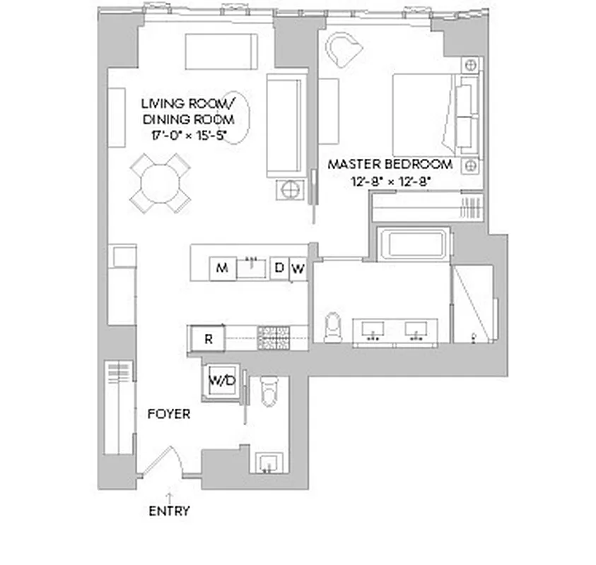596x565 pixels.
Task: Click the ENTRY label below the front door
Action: pyautogui.click(x=169, y=511)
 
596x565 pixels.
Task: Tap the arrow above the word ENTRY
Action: pyautogui.click(x=169, y=496)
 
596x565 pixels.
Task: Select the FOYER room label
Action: pyautogui.click(x=168, y=414)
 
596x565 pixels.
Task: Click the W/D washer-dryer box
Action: pyautogui.click(x=221, y=381)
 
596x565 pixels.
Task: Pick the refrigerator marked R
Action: pyautogui.click(x=207, y=338)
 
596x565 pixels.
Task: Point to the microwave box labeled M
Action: pyautogui.click(x=222, y=268)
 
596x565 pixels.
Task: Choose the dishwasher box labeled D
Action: pyautogui.click(x=279, y=268)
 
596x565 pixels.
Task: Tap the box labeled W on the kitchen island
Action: pyautogui.click(x=298, y=268)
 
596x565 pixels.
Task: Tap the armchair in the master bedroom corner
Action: pyautogui.click(x=343, y=49)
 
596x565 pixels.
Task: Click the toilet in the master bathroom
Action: pyautogui.click(x=333, y=326)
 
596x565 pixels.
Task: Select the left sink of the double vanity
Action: pyautogui.click(x=375, y=328)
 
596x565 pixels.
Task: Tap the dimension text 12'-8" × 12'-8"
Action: pyautogui.click(x=390, y=181)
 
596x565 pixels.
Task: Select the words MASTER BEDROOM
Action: pyautogui.click(x=390, y=165)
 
